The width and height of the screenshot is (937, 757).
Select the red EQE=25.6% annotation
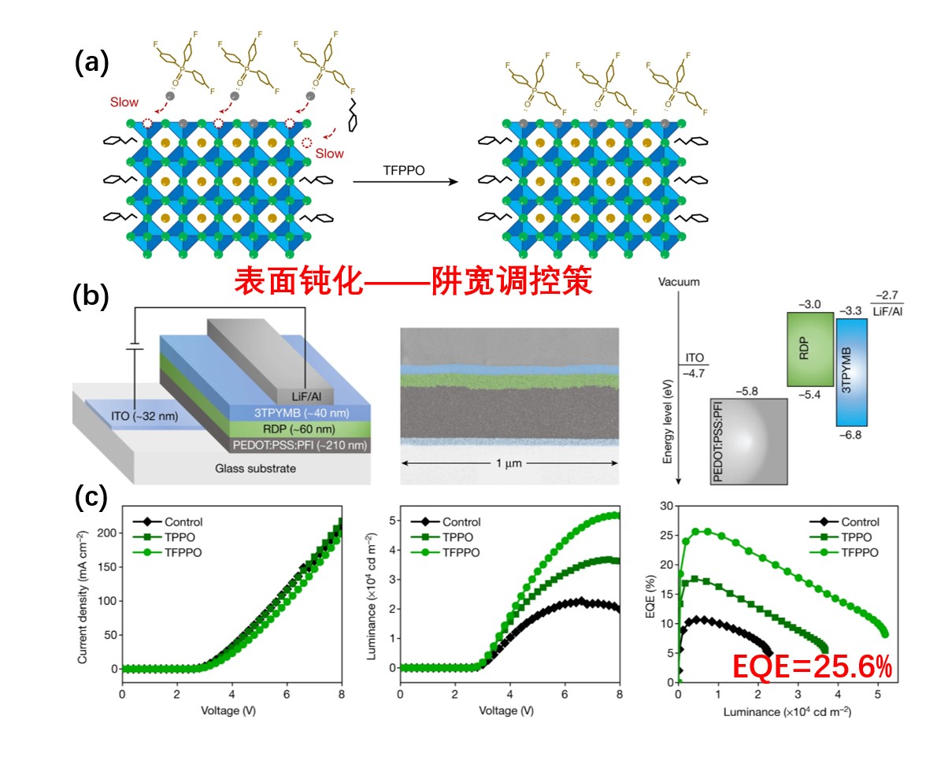coord(812,668)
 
